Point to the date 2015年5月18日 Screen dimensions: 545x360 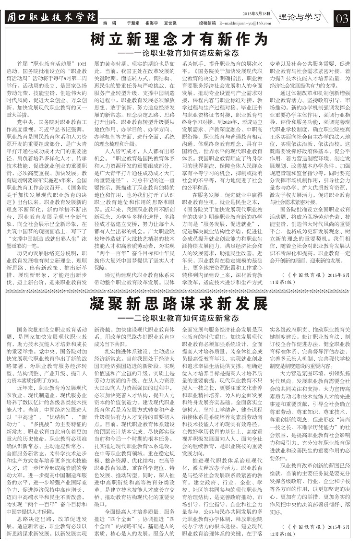[x=257, y=13]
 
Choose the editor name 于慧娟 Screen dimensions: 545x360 [x=133, y=23]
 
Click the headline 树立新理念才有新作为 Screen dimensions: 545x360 [x=179, y=39]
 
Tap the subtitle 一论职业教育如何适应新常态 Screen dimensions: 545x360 [x=185, y=52]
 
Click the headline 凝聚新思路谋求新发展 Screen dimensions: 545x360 [x=179, y=304]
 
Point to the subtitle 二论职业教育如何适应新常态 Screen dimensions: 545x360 [x=185, y=318]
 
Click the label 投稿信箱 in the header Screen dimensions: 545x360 [x=206, y=23]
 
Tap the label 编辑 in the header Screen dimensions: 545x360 [x=110, y=23]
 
